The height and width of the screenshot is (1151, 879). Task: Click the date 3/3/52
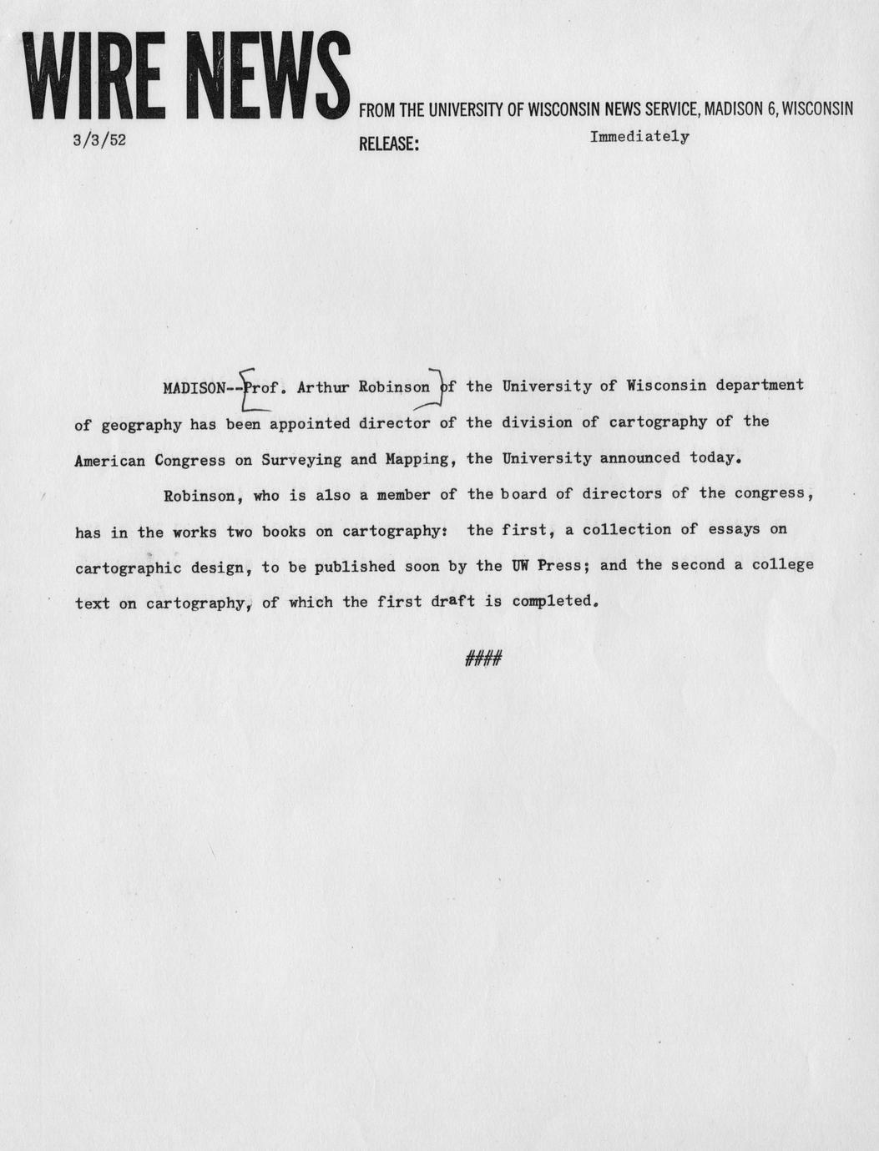coord(99,140)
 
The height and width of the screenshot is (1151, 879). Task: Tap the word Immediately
coord(639,137)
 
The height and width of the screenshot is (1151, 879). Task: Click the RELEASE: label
coord(388,144)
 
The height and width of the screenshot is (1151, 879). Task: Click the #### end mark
coord(482,659)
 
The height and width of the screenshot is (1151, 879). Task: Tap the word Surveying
coord(296,459)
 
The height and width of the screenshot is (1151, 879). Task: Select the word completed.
coord(555,601)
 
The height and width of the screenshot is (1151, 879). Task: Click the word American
coord(110,459)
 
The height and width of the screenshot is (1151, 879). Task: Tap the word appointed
coord(310,423)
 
